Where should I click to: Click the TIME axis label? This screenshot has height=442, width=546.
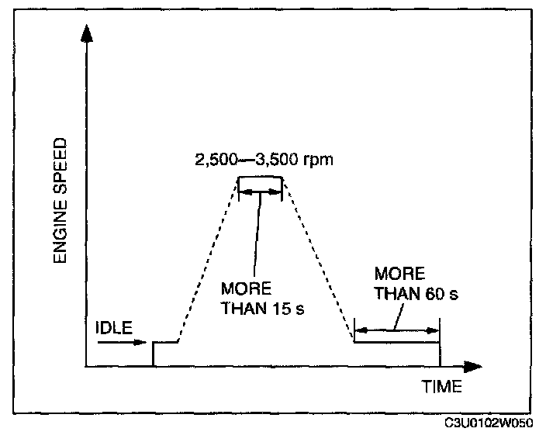point(441,385)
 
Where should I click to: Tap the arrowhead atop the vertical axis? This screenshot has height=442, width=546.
point(87,33)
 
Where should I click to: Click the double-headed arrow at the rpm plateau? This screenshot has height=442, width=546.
point(261,190)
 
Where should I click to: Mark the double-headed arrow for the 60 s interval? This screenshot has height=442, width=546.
point(396,331)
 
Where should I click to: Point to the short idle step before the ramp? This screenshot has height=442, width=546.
point(165,341)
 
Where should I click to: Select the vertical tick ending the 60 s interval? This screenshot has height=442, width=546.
point(440,341)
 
